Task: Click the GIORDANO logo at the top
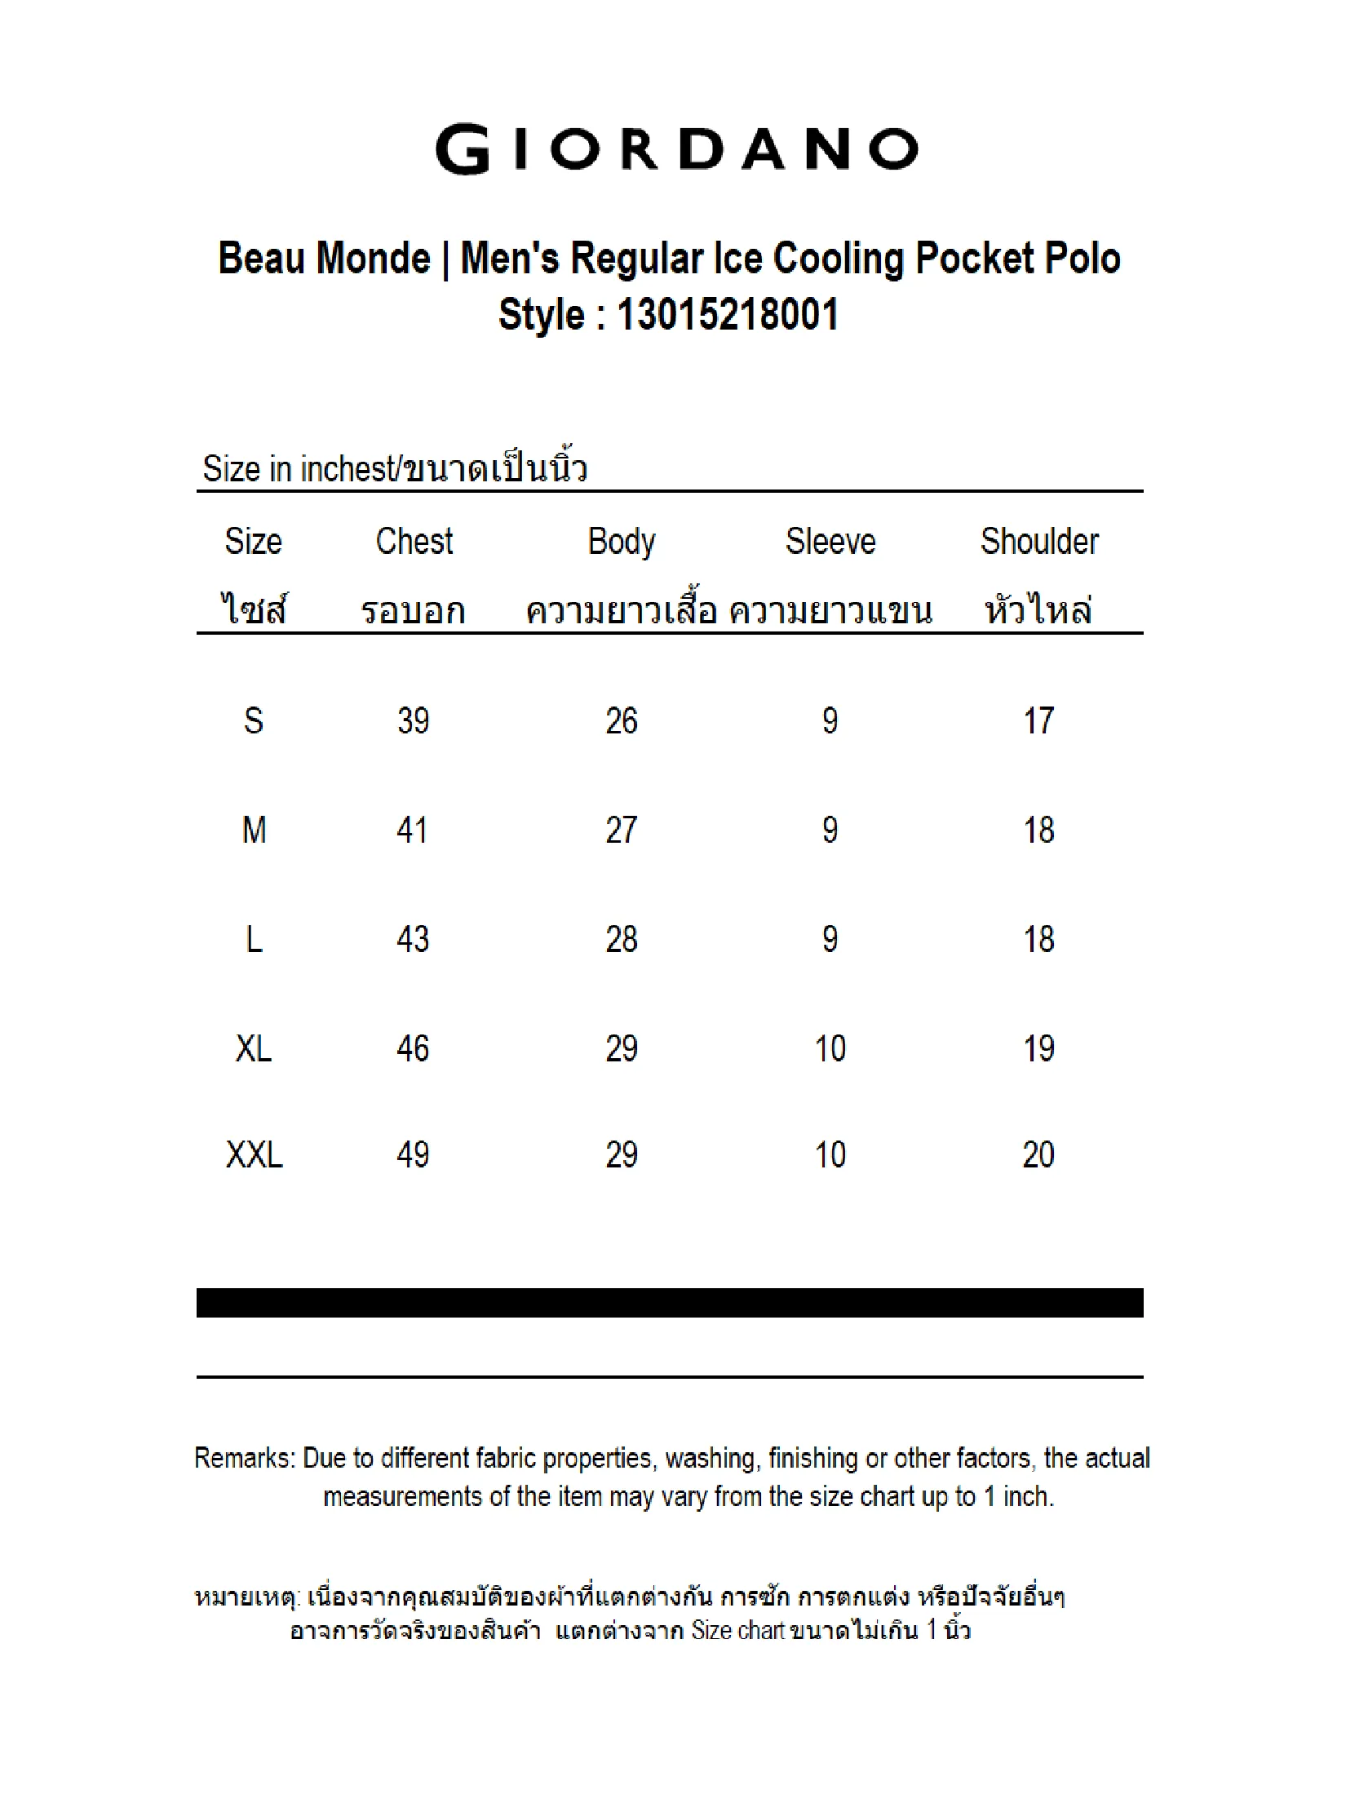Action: click(676, 149)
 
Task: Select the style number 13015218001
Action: click(728, 315)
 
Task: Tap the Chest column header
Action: click(414, 542)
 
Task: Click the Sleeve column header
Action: click(830, 542)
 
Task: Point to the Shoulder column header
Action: click(1038, 542)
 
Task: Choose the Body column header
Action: click(622, 542)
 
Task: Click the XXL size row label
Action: click(254, 1154)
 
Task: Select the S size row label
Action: click(254, 720)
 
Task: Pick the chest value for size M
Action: click(413, 831)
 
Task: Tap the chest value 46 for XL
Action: click(413, 1048)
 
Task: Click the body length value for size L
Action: click(622, 939)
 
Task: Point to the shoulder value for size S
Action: click(1038, 720)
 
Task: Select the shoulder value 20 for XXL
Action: click(1038, 1154)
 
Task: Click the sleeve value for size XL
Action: click(830, 1048)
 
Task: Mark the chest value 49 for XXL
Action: click(413, 1154)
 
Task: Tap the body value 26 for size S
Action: click(622, 720)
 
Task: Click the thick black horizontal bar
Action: click(670, 1303)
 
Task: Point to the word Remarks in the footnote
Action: click(244, 1459)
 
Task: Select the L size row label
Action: click(254, 939)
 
